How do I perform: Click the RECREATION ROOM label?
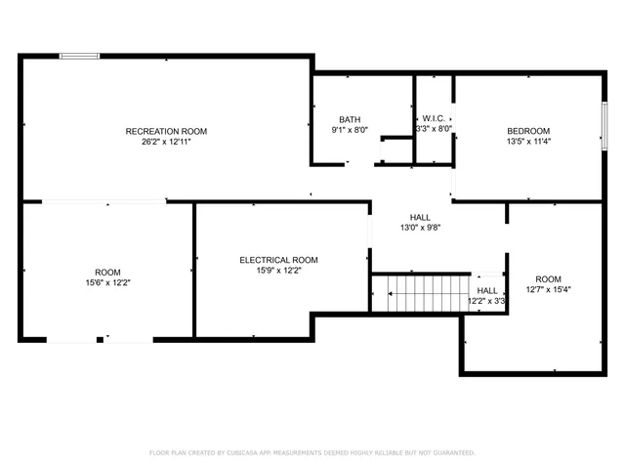(166, 131)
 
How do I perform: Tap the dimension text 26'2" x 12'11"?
(166, 142)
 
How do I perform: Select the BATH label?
(350, 119)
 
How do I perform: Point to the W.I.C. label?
(435, 117)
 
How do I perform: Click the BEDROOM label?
(527, 131)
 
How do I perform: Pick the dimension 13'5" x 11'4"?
(527, 142)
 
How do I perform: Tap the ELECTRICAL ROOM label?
(279, 260)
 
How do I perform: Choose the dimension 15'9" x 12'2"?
(279, 271)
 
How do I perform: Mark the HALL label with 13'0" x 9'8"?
(420, 217)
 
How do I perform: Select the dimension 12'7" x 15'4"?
(548, 288)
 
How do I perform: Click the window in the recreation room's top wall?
(79, 57)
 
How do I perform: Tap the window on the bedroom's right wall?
(604, 127)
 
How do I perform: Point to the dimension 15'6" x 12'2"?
(107, 282)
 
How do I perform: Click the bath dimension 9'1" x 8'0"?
(350, 129)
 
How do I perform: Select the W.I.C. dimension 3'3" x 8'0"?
(435, 128)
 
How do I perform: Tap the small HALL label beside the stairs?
(486, 290)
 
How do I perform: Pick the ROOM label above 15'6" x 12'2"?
(107, 272)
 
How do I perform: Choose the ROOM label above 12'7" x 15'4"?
(548, 277)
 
